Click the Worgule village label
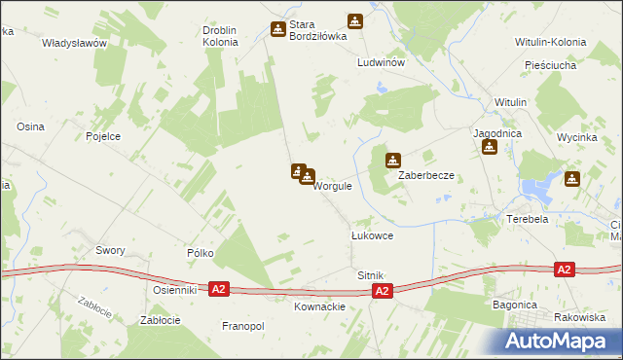[x=332, y=186]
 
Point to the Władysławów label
[x=74, y=44]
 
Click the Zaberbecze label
[x=426, y=176]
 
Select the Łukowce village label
[x=371, y=235]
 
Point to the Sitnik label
[x=371, y=276]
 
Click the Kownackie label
[x=319, y=306]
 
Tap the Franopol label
[x=243, y=326]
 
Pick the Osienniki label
[x=175, y=290]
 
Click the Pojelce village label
[x=103, y=136]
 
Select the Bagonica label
[x=515, y=305]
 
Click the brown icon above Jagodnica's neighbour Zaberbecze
[x=394, y=160]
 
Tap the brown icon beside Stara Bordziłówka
[x=278, y=29]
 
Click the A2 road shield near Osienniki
[x=219, y=290]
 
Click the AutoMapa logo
[x=561, y=340]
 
